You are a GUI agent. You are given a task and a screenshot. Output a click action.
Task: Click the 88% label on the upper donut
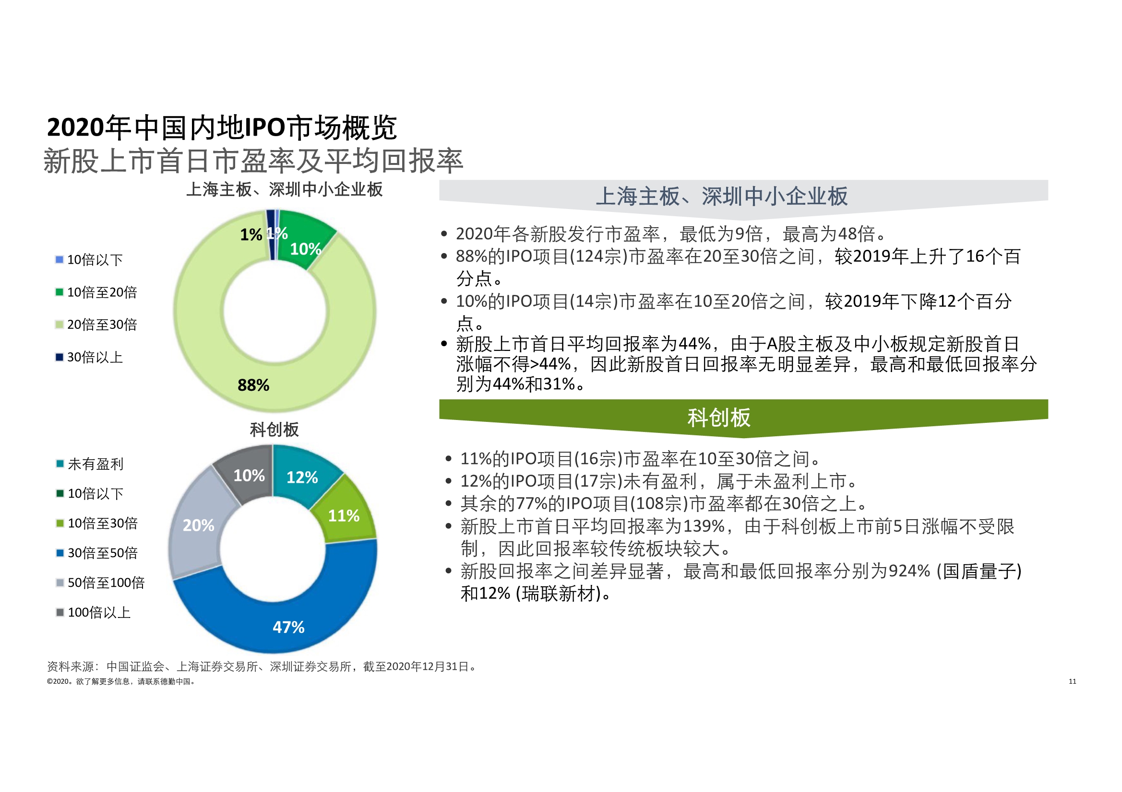[x=253, y=385]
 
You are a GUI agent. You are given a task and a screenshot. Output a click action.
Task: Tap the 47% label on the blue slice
[x=288, y=627]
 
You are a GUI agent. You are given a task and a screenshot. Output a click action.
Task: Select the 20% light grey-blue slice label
[x=198, y=525]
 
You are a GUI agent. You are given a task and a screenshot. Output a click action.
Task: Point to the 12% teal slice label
[x=302, y=477]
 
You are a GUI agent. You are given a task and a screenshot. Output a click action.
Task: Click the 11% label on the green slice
[x=344, y=516]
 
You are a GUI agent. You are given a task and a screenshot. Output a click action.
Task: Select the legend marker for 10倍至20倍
[x=60, y=292]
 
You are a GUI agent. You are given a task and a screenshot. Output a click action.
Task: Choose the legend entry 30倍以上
[x=95, y=358]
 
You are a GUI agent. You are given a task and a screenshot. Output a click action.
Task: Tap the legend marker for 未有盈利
[x=60, y=464]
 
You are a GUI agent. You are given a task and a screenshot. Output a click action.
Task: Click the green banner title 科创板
[x=718, y=418]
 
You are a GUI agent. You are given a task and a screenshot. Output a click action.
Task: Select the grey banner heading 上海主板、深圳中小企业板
[x=721, y=196]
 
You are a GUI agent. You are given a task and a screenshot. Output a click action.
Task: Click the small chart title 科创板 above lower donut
[x=274, y=430]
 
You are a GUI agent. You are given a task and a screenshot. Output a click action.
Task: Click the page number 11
[x=1072, y=681]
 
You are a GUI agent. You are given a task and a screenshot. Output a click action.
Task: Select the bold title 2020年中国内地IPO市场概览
[x=222, y=128]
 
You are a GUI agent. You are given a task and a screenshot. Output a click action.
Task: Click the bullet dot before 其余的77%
[x=448, y=503]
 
